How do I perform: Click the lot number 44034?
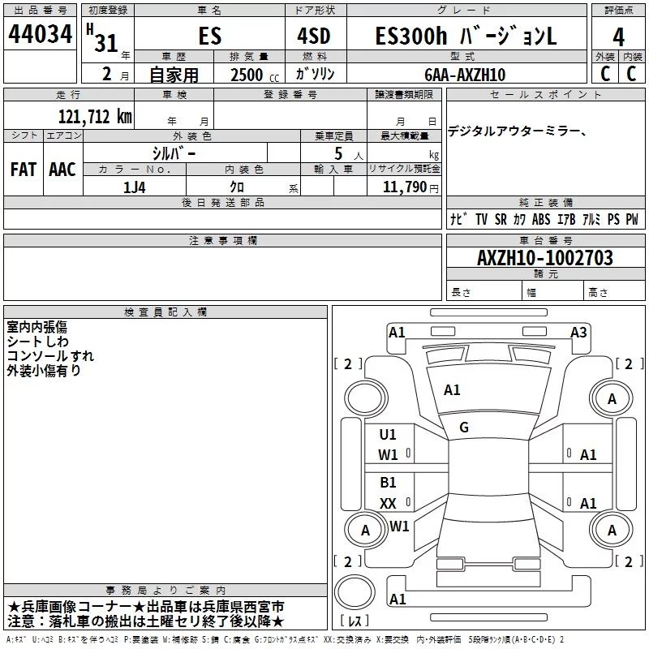[41, 36]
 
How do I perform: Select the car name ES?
[208, 37]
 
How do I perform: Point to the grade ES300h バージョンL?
[466, 37]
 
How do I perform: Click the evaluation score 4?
[619, 37]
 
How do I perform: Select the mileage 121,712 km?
[95, 116]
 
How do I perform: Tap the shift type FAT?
[23, 170]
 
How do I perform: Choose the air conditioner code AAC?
[62, 170]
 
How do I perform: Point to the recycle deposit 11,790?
[404, 187]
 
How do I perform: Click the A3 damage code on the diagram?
[578, 332]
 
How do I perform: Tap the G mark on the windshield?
[464, 427]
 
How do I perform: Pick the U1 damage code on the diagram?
[389, 434]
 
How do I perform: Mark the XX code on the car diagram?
[389, 504]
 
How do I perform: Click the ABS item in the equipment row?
[541, 219]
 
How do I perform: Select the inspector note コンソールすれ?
[50, 355]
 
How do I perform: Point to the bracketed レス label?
[354, 621]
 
